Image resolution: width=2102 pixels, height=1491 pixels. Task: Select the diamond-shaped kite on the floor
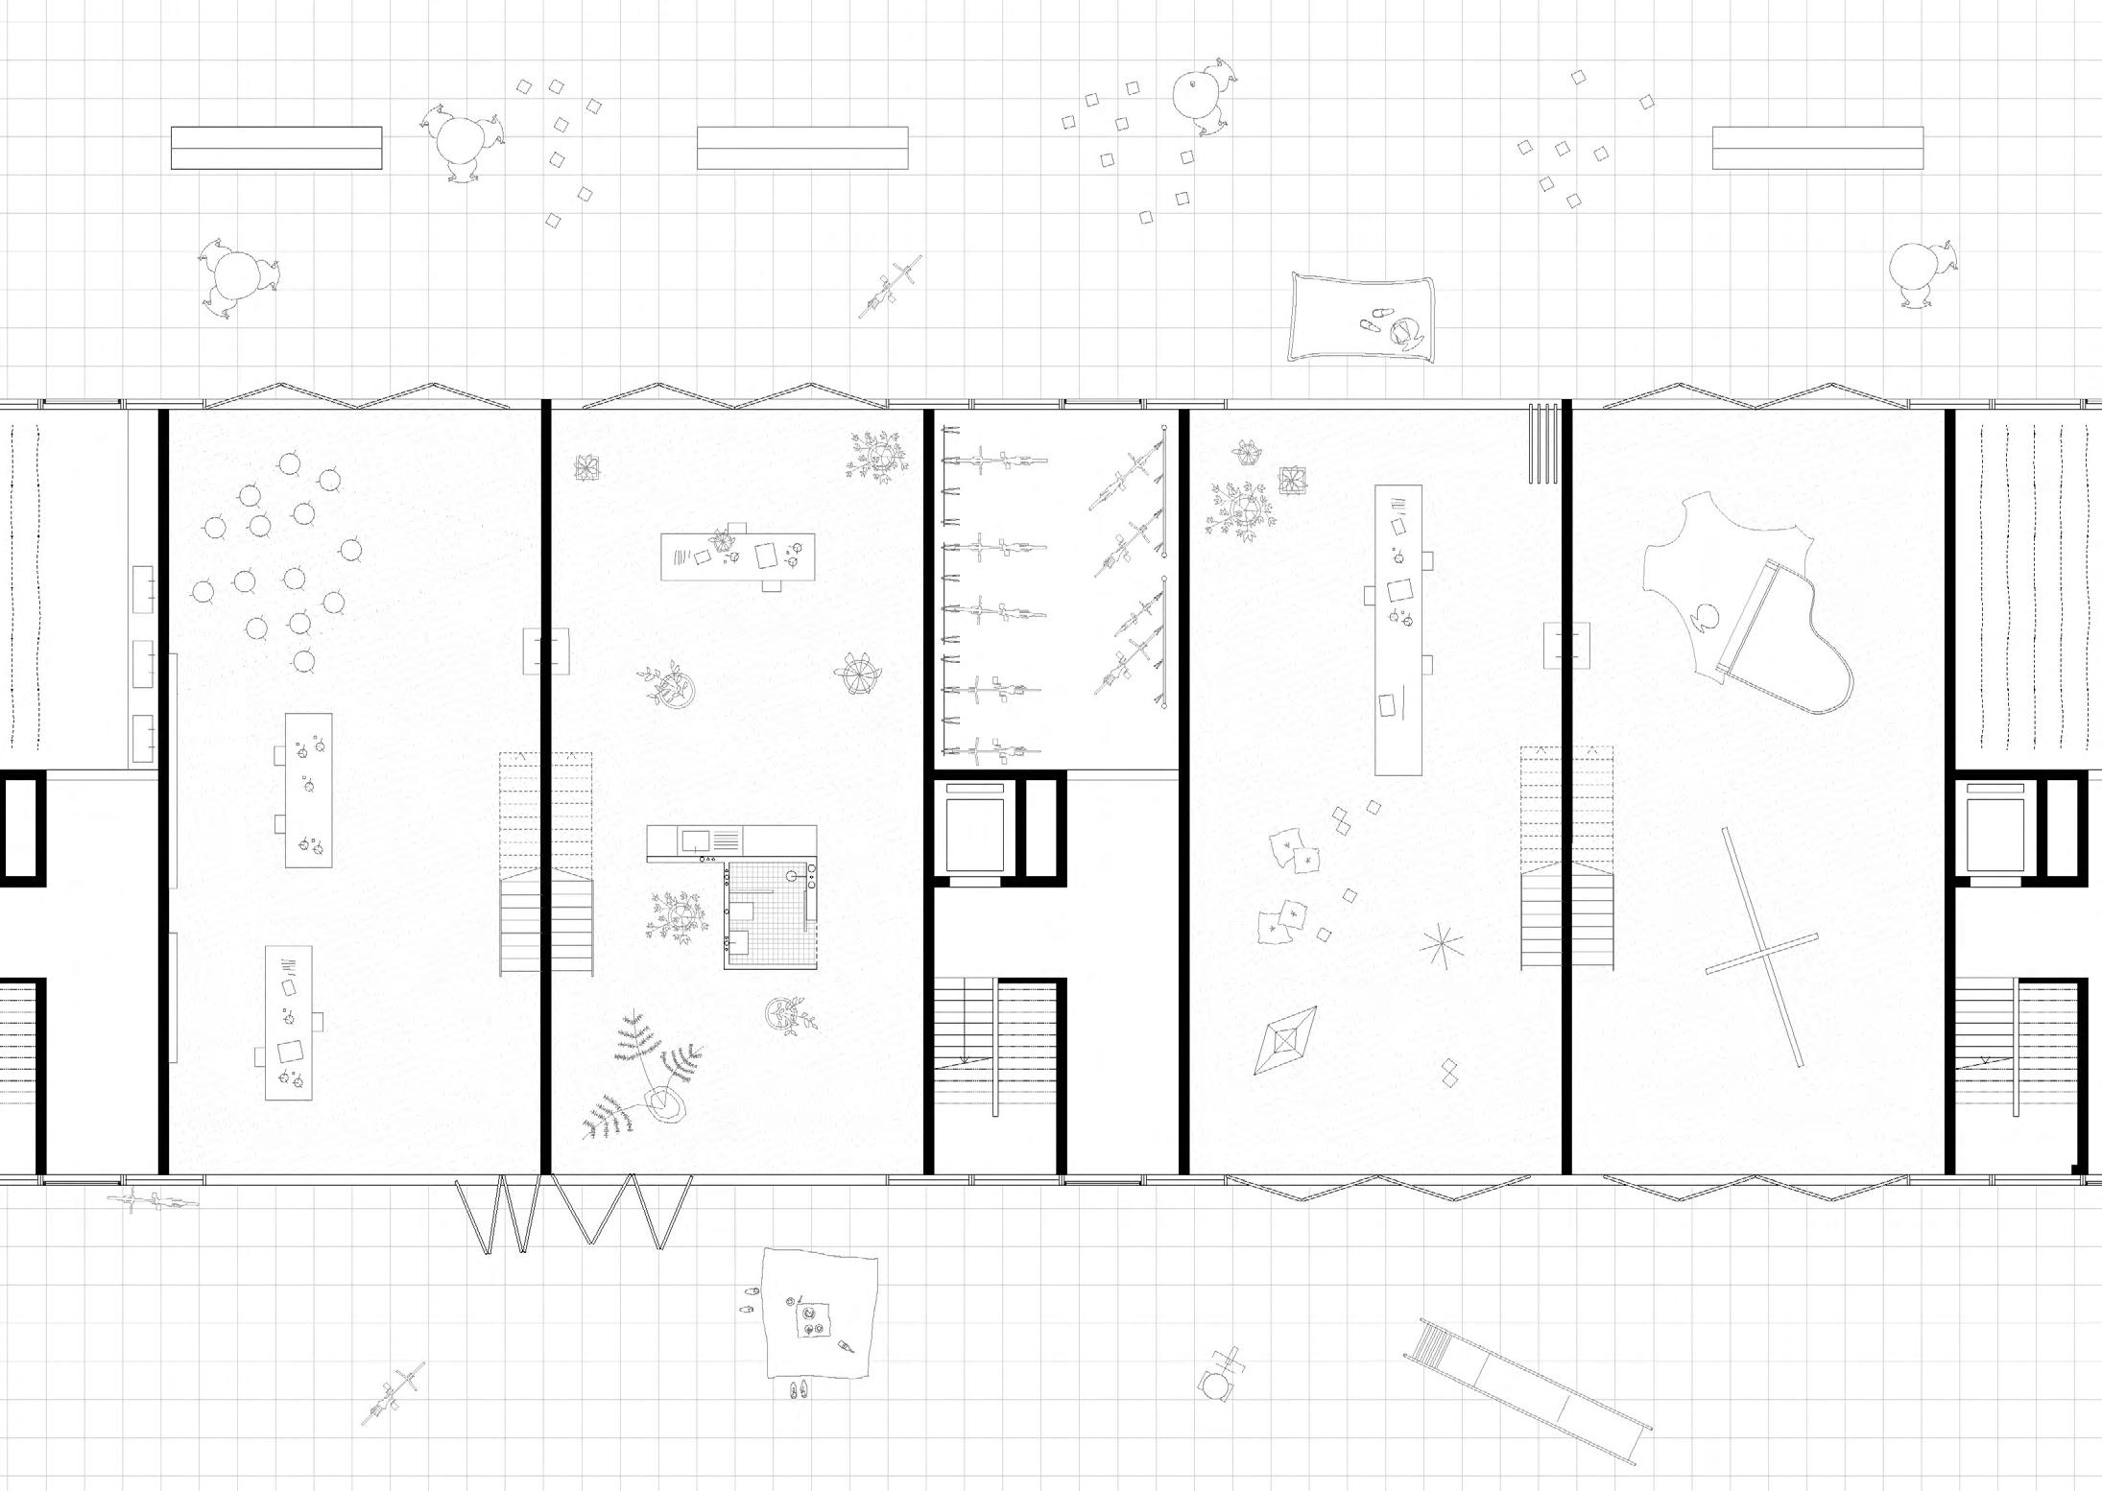[1285, 1039]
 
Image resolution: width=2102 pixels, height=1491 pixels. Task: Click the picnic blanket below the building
[821, 1314]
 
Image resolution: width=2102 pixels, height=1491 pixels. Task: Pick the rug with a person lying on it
[1361, 318]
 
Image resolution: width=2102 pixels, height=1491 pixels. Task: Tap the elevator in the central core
[975, 827]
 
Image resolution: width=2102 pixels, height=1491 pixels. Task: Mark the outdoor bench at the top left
[276, 148]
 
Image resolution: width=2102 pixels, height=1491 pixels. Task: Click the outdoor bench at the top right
[1817, 148]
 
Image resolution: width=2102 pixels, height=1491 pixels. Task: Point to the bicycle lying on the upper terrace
[890, 286]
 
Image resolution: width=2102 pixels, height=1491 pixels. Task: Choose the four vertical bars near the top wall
[1542, 442]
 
